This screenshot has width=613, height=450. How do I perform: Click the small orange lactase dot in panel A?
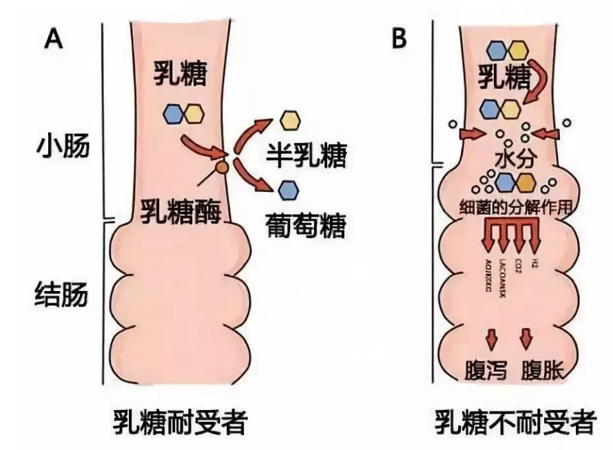[x=222, y=167]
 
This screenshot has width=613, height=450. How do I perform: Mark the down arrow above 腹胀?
[x=530, y=338]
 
